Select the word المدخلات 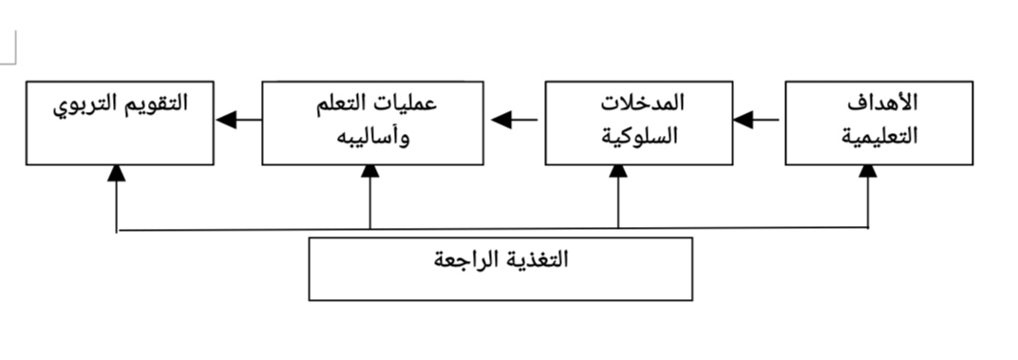pos(645,102)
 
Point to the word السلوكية pos(646,135)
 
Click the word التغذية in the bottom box pos(536,259)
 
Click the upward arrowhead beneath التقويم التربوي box pos(117,172)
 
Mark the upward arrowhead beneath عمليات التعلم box pos(369,172)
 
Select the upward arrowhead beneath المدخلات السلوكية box pos(618,172)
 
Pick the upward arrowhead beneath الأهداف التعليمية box pos(868,172)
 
